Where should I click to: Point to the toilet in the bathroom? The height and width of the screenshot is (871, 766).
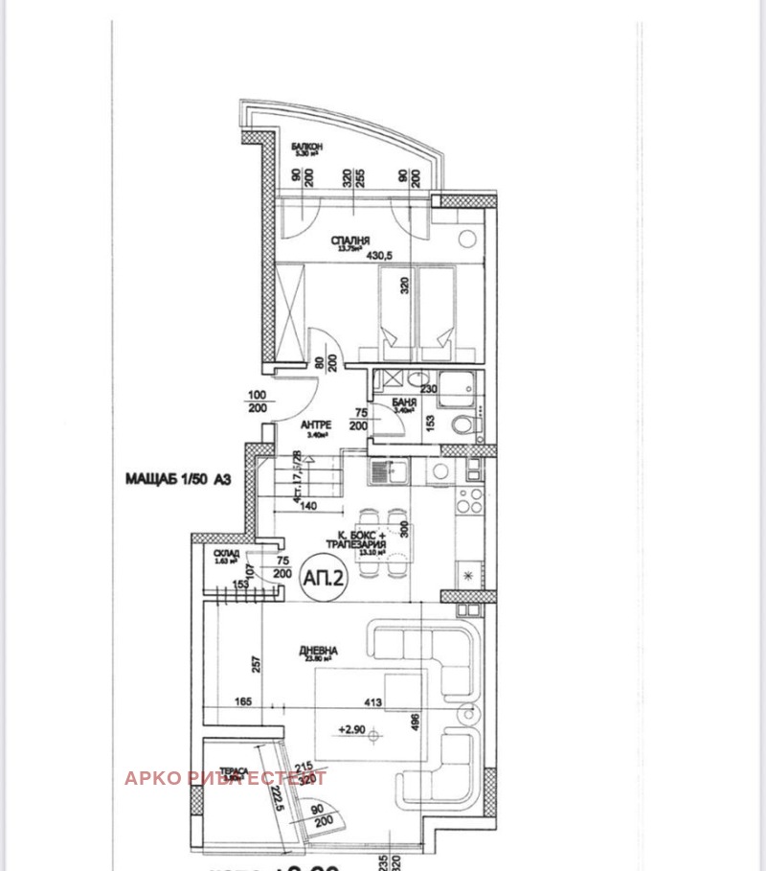(x=463, y=424)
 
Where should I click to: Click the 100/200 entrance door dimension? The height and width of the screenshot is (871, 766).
(x=257, y=401)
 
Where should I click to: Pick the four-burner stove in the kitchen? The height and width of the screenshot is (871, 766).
(x=470, y=499)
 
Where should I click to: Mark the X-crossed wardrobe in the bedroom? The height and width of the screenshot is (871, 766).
(x=289, y=311)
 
